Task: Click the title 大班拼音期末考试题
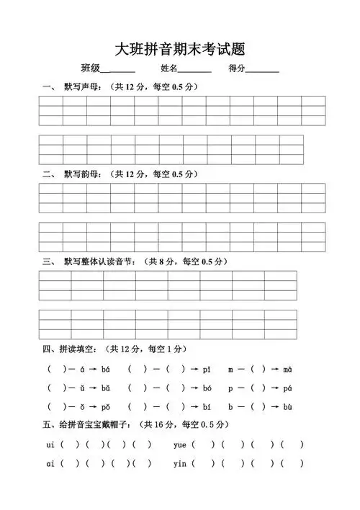click(x=180, y=49)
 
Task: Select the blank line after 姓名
click(x=194, y=70)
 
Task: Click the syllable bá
click(x=106, y=370)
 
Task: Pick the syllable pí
click(x=207, y=370)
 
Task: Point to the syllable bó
click(x=207, y=407)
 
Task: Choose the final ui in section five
click(x=50, y=444)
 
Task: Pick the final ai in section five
click(x=50, y=464)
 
